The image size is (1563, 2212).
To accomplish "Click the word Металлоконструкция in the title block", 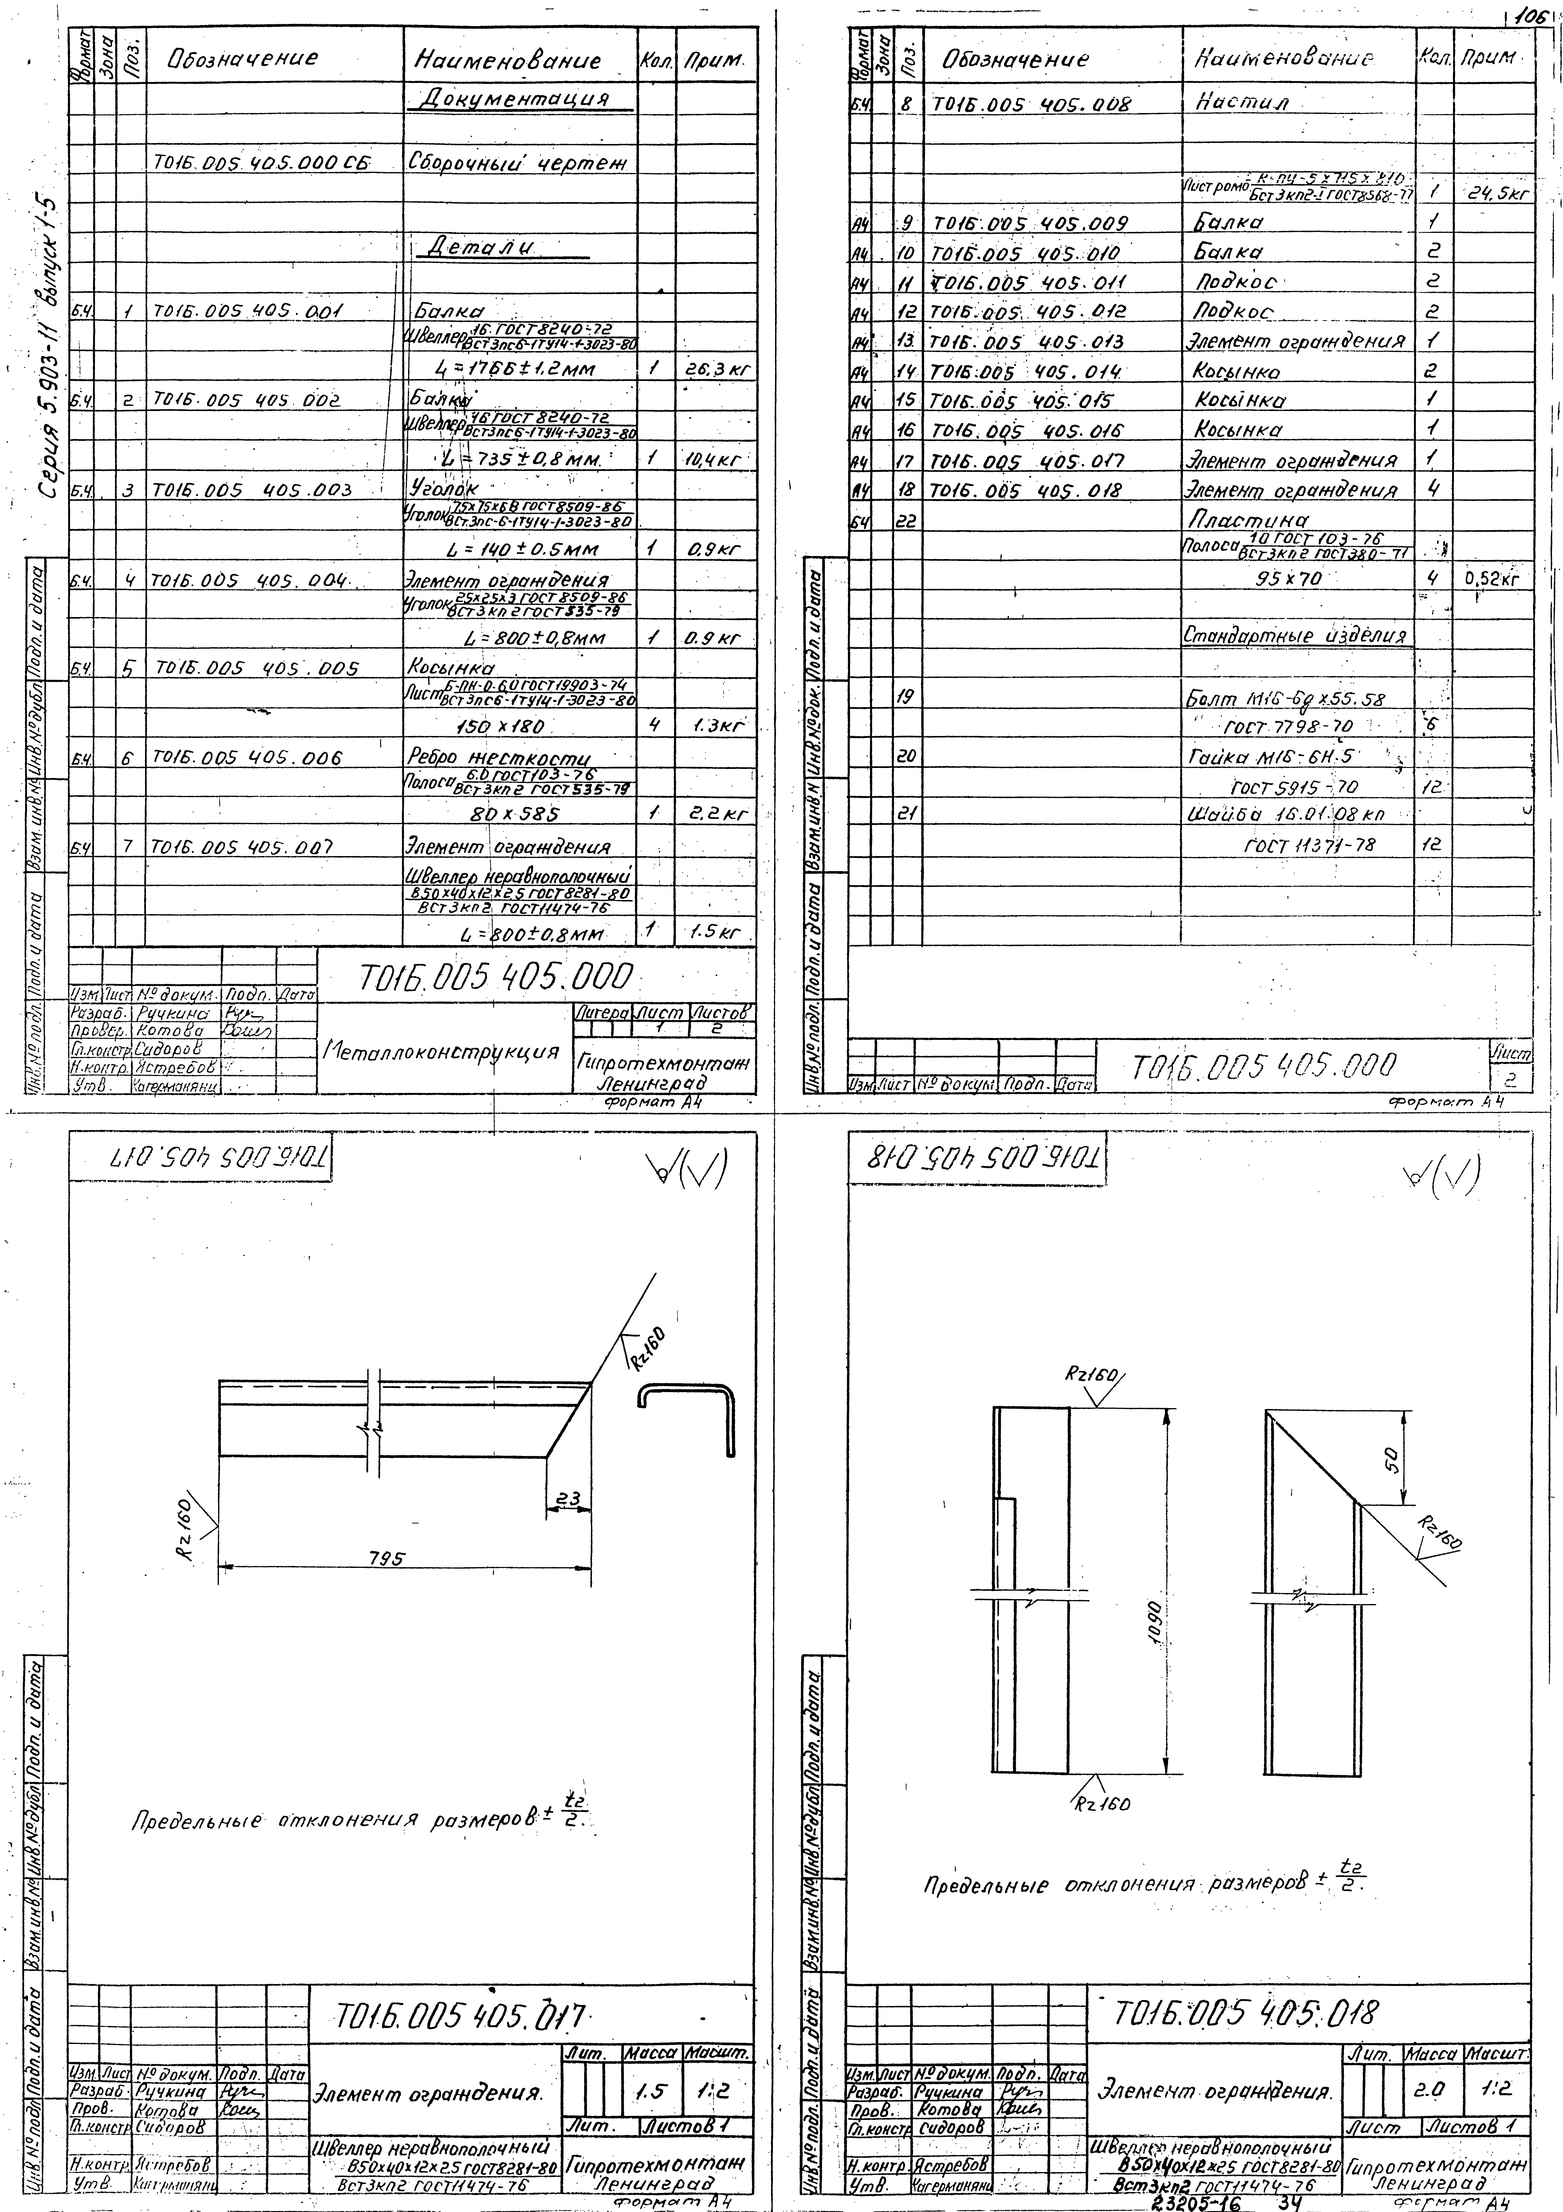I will coord(442,1051).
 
